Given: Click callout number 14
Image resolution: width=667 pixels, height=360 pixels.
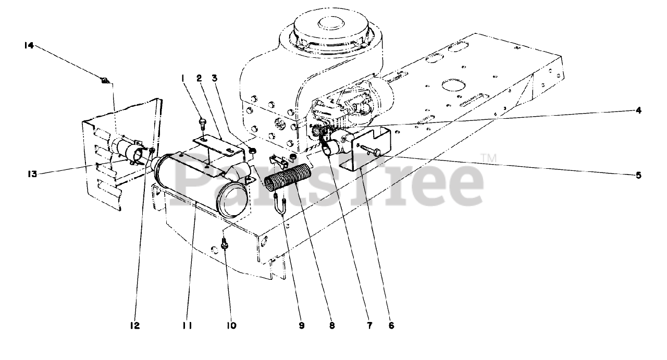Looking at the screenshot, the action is pos(29,46).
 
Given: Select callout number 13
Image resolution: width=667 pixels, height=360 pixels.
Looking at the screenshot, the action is pos(33,174).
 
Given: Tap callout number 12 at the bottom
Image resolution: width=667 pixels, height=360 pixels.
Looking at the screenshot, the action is pos(135,326).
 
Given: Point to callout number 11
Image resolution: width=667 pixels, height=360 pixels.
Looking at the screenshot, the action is pos(188,326).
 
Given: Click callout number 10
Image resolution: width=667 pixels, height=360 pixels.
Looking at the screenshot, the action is pos(231,326).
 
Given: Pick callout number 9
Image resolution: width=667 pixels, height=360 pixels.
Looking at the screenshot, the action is pos(301,326).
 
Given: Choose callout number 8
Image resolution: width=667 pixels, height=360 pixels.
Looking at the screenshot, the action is pos(332,326).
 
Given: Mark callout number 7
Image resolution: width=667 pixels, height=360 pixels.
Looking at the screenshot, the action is pos(369,326).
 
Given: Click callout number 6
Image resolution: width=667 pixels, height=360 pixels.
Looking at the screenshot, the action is pos(391,326).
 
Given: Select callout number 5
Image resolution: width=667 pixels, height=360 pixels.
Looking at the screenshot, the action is pos(638,175).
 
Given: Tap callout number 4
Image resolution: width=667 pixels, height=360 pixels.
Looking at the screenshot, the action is pos(638,110).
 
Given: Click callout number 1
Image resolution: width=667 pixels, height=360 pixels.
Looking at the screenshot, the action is pos(183,78).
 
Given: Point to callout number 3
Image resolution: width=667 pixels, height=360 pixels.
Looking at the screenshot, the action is pos(214,78).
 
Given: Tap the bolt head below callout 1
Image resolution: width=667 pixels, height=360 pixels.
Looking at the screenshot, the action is pos(203,123).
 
